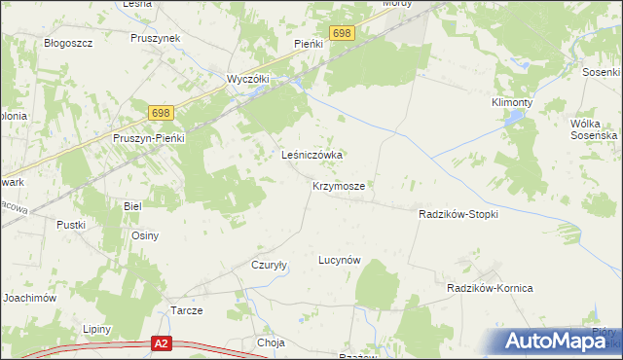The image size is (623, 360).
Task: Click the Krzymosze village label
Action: (x=339, y=185)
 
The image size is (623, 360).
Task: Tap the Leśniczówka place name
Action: (x=314, y=155)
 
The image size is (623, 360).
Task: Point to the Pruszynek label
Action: (x=156, y=38)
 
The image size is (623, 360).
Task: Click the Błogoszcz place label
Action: (x=68, y=44)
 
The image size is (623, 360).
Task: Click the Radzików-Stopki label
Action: (x=458, y=214)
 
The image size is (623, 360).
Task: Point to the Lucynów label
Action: (x=341, y=260)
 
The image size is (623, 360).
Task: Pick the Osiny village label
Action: (x=145, y=235)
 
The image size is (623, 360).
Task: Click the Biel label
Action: (x=133, y=206)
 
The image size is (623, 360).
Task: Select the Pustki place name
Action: (x=71, y=225)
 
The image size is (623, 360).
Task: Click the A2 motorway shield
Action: (x=163, y=342)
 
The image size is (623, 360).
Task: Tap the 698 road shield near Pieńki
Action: (x=341, y=33)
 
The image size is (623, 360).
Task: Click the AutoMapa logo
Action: (x=557, y=341)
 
